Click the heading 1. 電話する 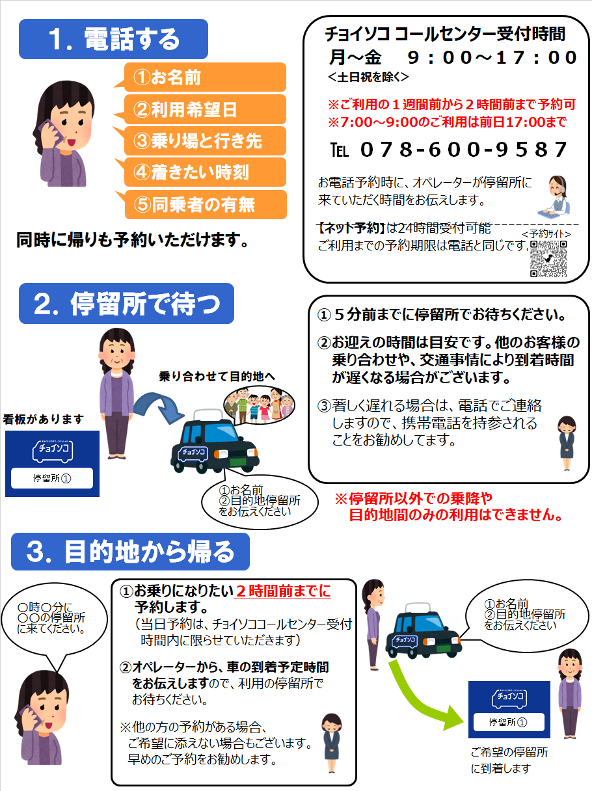114,40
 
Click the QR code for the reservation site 548,259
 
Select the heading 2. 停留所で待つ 126,303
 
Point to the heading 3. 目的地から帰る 130,552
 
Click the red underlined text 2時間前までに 283,591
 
